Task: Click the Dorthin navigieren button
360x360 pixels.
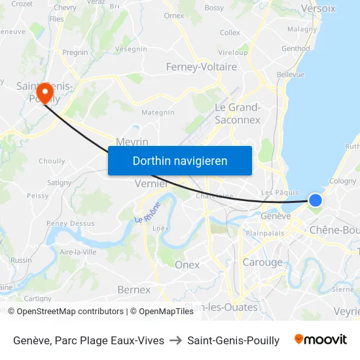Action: click(x=180, y=160)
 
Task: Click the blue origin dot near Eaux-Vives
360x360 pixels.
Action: click(x=315, y=200)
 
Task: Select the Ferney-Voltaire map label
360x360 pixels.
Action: click(x=202, y=67)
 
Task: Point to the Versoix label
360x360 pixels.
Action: click(x=318, y=9)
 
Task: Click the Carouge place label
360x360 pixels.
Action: click(x=262, y=262)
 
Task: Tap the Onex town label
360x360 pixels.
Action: click(x=187, y=265)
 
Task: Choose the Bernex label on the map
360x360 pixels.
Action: click(x=134, y=289)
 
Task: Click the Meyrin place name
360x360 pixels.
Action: click(x=132, y=142)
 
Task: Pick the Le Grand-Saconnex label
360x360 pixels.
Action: click(x=238, y=113)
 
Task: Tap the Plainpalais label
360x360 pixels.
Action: click(x=264, y=232)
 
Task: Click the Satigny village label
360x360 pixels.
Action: click(x=59, y=183)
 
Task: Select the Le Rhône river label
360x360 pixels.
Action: click(x=147, y=217)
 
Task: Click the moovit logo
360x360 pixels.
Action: click(x=321, y=340)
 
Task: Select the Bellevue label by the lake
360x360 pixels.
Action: click(x=291, y=75)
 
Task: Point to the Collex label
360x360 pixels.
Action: click(x=230, y=32)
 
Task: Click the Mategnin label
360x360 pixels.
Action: click(x=158, y=113)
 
